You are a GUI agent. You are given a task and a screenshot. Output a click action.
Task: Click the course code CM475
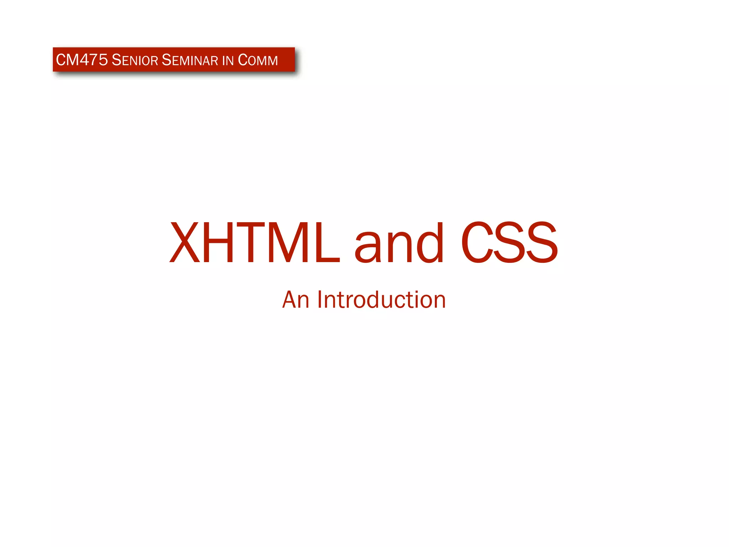click(82, 60)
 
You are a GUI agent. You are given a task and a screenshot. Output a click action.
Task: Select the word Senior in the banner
click(135, 60)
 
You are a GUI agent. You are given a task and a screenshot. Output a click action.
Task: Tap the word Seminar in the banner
click(190, 60)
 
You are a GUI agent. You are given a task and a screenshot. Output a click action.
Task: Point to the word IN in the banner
click(228, 61)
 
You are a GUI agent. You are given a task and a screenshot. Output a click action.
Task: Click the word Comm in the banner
click(258, 60)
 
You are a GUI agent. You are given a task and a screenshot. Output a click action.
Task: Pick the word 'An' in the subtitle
click(295, 300)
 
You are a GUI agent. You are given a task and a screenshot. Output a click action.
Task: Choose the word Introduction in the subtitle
click(381, 300)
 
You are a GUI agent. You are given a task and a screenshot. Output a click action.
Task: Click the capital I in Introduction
click(319, 299)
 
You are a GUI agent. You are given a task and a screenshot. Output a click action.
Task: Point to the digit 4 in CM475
click(84, 60)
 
